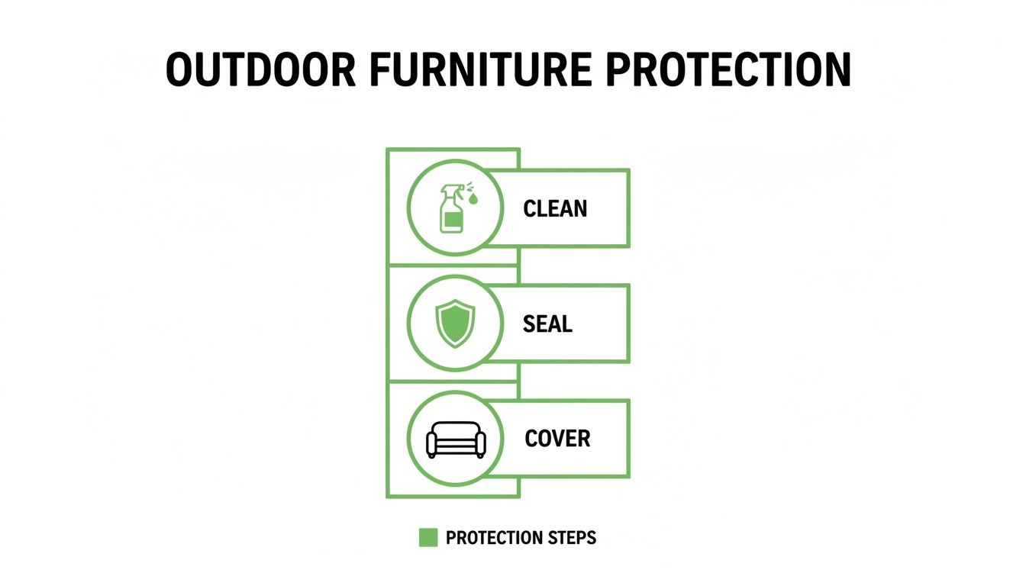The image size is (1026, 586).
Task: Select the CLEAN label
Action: (555, 208)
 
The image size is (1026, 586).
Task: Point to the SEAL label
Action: (547, 324)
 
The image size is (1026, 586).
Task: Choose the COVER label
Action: (557, 439)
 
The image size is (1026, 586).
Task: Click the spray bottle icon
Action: (452, 208)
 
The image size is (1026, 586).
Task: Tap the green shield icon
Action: (455, 324)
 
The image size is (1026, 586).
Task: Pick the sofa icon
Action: (455, 440)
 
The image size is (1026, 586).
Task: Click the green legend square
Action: (428, 538)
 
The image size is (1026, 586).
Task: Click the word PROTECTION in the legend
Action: (495, 538)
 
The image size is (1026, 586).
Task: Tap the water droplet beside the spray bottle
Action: (474, 200)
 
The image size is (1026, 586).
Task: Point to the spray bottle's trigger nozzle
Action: (450, 190)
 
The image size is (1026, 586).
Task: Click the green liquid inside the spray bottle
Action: (451, 222)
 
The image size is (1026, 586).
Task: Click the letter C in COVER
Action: (532, 439)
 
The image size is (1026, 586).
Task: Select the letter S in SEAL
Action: (529, 324)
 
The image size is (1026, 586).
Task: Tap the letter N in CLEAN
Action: (579, 208)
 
